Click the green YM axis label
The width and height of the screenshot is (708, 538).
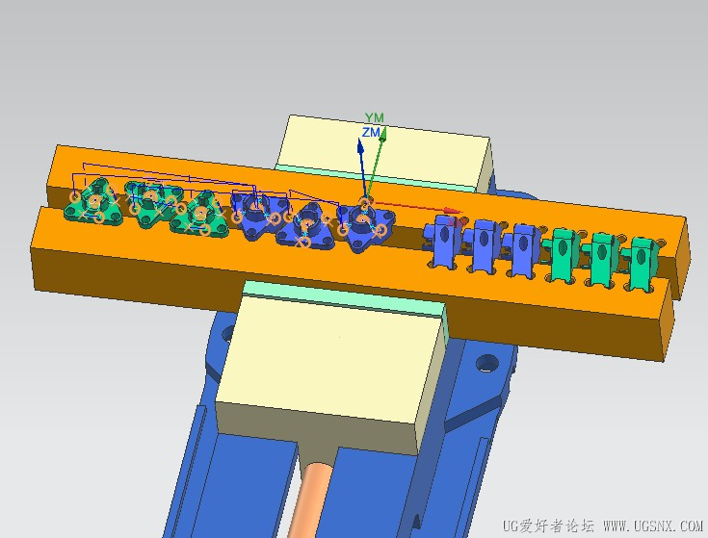pos(375,117)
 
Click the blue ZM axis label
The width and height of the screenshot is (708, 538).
pos(371,132)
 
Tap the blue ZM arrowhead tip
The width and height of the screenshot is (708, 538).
pos(360,139)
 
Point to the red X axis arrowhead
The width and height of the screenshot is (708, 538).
pos(452,211)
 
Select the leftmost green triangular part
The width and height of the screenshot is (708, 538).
pos(94,202)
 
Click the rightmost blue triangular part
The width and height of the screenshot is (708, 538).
pos(366,226)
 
